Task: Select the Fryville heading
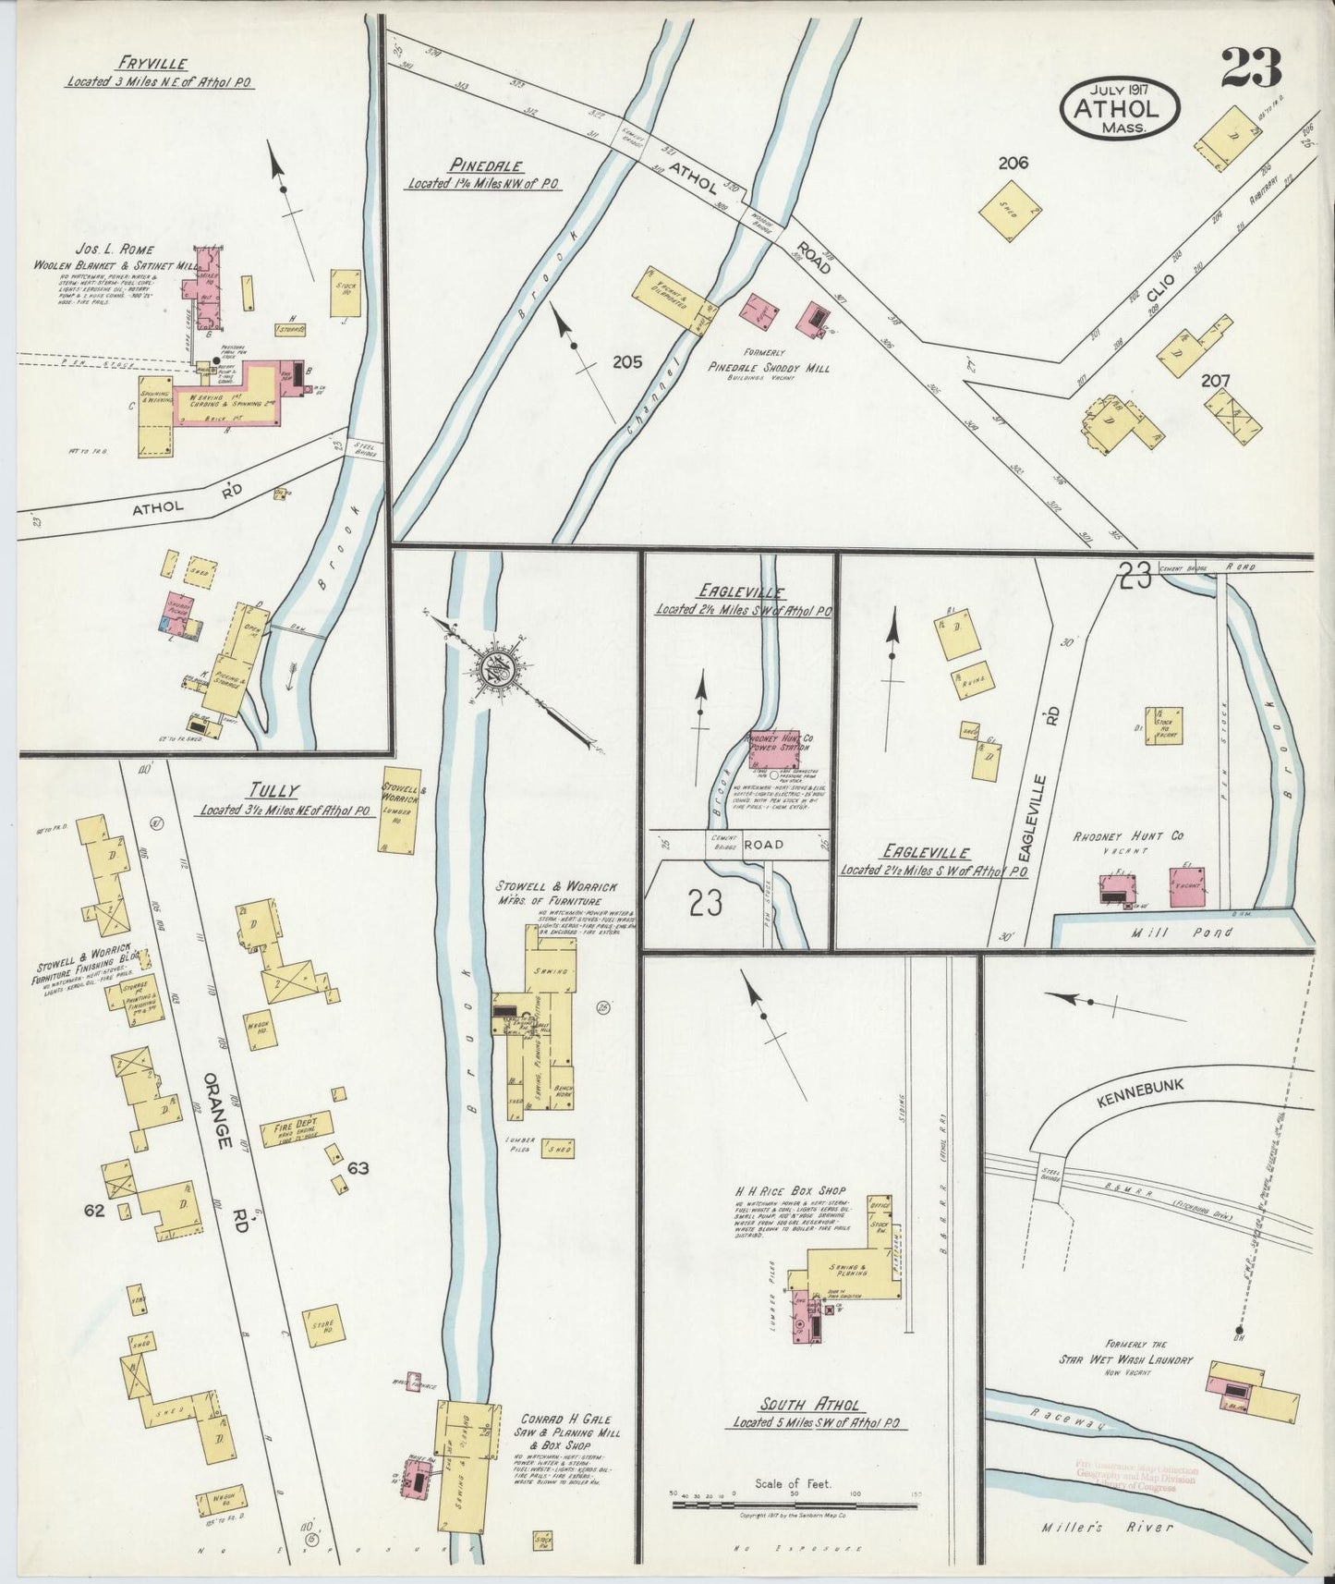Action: [x=152, y=64]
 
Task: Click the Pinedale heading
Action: [x=486, y=166]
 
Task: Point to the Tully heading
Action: [x=273, y=790]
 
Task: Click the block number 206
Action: [x=1013, y=164]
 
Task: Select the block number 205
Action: [x=627, y=362]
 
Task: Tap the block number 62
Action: [x=94, y=1210]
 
